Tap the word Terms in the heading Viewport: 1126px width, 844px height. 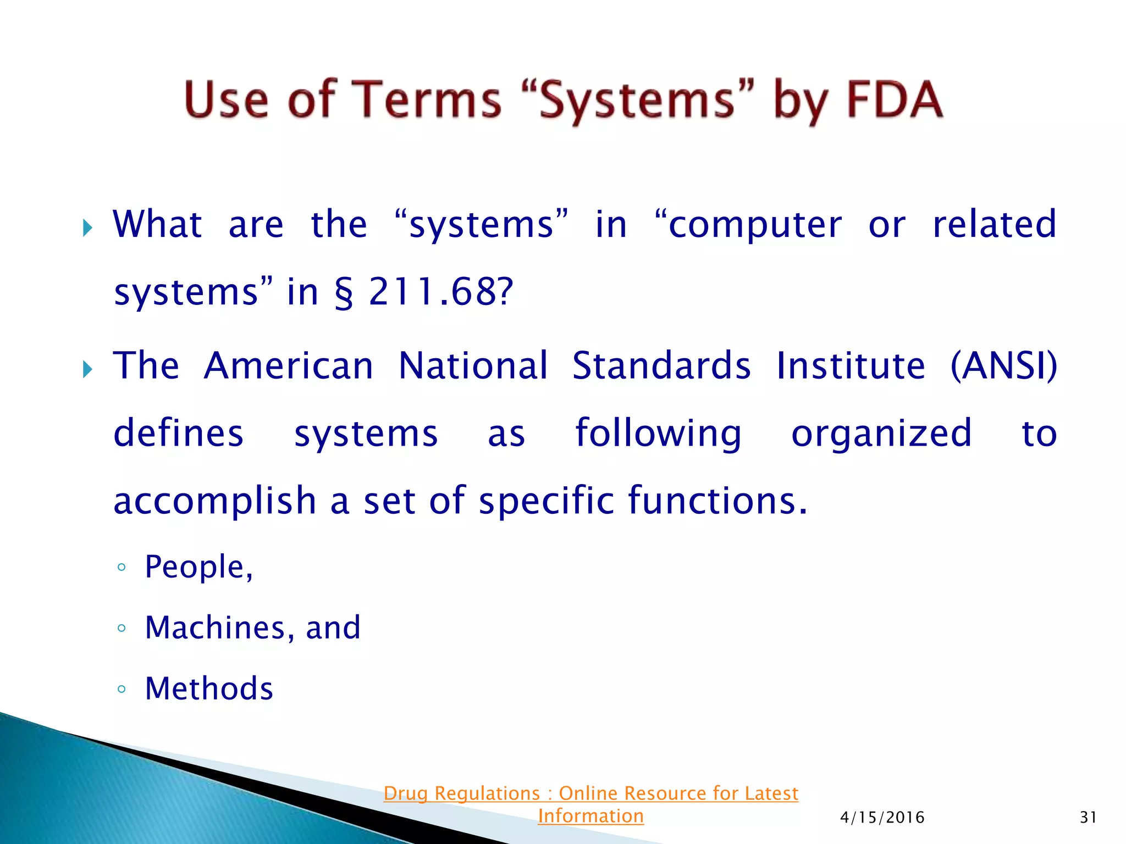click(426, 100)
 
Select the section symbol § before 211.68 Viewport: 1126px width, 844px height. click(344, 292)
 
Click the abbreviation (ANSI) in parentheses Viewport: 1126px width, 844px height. click(1003, 366)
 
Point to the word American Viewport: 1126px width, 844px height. click(289, 366)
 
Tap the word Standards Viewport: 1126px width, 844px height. click(661, 366)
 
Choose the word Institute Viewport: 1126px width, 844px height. click(851, 366)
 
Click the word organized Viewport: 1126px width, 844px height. click(881, 434)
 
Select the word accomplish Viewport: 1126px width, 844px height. click(214, 501)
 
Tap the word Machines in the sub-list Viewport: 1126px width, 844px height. click(215, 628)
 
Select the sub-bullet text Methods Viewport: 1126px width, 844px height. click(209, 688)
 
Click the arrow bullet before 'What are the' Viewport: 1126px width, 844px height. click(87, 227)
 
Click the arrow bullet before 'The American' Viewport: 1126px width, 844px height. click(87, 369)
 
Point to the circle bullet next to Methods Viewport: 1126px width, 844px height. click(122, 689)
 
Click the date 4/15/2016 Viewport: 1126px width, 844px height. click(882, 818)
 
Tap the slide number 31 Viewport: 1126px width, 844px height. click(1088, 818)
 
